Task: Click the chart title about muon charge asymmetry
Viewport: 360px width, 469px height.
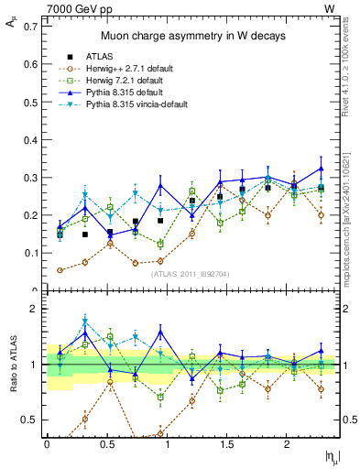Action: pyautogui.click(x=192, y=36)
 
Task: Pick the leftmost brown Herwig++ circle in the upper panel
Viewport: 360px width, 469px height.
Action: pyautogui.click(x=60, y=270)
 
